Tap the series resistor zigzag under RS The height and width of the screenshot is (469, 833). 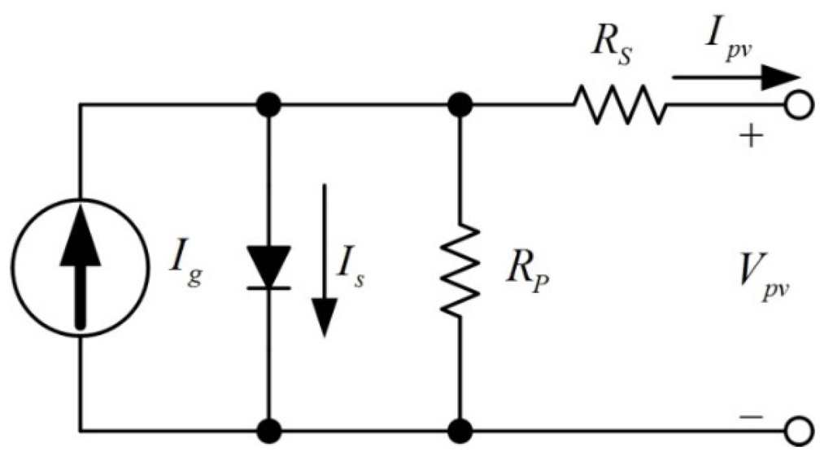(621, 104)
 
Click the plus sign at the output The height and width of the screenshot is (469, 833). (753, 136)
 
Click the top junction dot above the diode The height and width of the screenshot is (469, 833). (268, 105)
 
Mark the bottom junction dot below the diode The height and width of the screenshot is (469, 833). (268, 429)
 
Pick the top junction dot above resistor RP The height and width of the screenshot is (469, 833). (460, 105)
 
